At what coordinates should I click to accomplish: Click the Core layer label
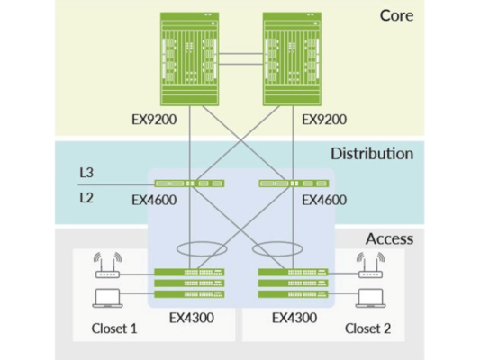click(x=396, y=15)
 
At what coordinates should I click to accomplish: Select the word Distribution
click(x=372, y=154)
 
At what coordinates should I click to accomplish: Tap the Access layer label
click(x=389, y=238)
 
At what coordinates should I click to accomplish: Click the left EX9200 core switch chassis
click(x=189, y=59)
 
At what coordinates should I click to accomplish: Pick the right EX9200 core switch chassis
click(x=292, y=59)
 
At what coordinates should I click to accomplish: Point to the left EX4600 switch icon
click(x=189, y=184)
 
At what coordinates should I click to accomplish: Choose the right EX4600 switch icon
click(x=294, y=184)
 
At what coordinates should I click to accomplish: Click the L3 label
click(x=86, y=173)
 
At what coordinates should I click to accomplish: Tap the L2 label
click(x=86, y=198)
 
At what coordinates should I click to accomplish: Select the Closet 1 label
click(x=114, y=328)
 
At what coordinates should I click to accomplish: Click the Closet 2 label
click(x=368, y=328)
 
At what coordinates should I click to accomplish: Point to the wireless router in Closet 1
click(x=107, y=265)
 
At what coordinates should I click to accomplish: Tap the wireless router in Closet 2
click(x=370, y=265)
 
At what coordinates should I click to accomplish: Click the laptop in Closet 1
click(x=107, y=298)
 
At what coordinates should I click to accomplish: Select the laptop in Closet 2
click(x=370, y=298)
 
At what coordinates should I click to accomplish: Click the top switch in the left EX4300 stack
click(x=189, y=272)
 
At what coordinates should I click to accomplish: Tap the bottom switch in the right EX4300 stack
click(x=294, y=294)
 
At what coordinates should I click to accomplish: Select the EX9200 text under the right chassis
click(x=324, y=120)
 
